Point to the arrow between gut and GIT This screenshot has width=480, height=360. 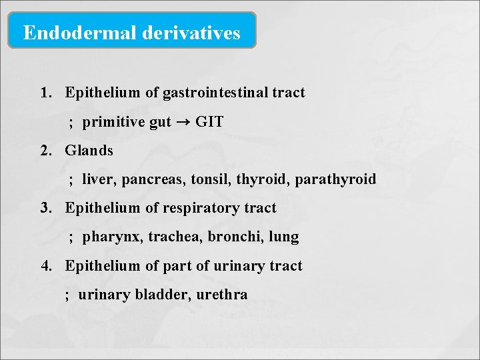183,123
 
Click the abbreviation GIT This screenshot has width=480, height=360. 209,122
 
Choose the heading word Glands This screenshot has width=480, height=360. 89,151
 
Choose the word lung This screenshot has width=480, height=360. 284,237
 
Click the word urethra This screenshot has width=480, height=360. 222,294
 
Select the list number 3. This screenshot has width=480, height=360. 45,208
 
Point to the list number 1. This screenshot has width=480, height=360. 45,93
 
